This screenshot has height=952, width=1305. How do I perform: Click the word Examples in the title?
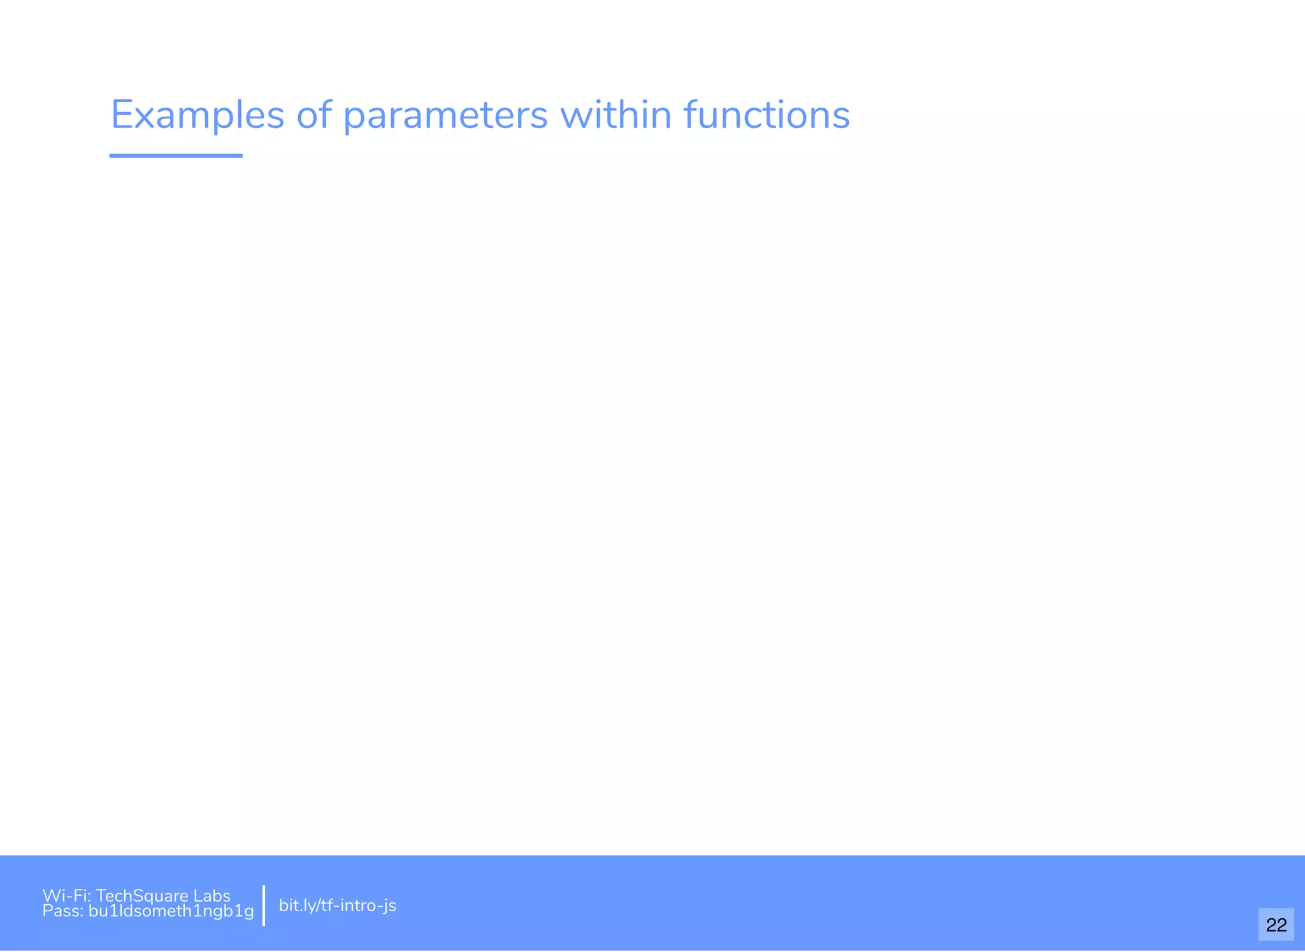pos(198,116)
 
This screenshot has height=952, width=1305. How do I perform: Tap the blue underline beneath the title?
pos(176,155)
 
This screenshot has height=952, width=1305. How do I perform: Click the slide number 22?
pos(1276,925)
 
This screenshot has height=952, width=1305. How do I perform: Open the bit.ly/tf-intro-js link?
pos(337,905)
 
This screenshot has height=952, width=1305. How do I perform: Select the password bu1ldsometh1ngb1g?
pos(171,912)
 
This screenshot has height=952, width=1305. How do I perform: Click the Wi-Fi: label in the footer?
pos(66,896)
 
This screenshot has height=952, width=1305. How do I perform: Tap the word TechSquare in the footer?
pos(141,896)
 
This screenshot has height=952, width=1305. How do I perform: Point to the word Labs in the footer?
pos(212,896)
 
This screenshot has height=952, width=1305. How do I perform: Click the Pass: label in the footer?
pos(63,911)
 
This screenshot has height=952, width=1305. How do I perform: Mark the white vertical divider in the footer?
pos(264,905)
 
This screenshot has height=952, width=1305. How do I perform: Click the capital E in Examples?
pos(122,115)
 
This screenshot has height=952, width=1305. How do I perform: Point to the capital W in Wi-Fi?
pos(50,896)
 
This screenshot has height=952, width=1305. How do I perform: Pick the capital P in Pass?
pos(47,911)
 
